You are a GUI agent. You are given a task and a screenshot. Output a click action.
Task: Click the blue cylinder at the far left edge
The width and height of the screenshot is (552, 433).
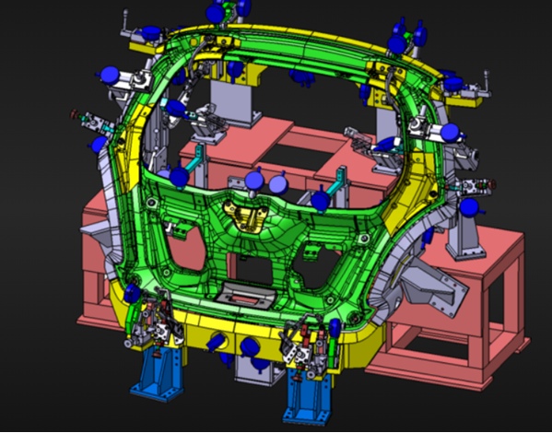point(99,145)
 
